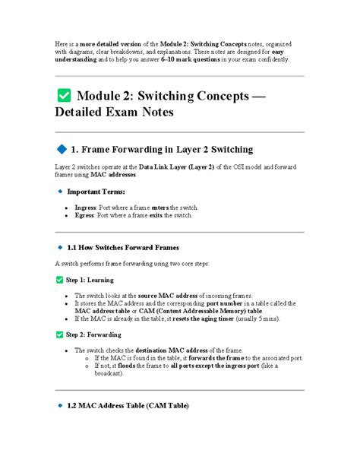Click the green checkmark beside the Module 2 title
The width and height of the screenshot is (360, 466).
[x=64, y=96]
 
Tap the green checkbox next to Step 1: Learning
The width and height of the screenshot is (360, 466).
[x=60, y=280]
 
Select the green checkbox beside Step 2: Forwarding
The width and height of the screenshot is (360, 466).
[x=60, y=334]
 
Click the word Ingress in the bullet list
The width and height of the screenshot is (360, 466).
[x=86, y=207]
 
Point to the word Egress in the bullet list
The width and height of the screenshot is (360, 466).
[x=85, y=215]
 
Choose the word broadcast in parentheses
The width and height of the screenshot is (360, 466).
[x=109, y=373]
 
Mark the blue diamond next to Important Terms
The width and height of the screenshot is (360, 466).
[x=60, y=191]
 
